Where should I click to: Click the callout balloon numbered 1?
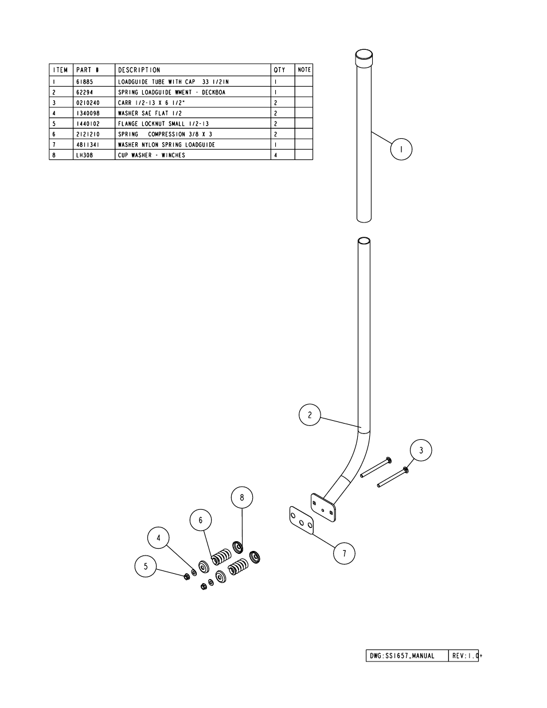(x=401, y=149)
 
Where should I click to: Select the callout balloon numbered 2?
(x=310, y=415)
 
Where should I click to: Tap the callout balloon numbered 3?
(x=421, y=450)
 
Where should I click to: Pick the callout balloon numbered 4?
(x=158, y=538)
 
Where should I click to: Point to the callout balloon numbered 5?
(x=146, y=566)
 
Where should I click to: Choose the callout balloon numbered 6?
(x=201, y=520)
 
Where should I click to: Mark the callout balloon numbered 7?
(x=344, y=553)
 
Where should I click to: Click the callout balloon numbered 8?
(x=242, y=497)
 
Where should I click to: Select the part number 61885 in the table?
(x=84, y=82)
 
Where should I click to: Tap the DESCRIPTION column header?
(x=139, y=70)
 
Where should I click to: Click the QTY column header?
(x=279, y=70)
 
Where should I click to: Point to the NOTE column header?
(x=304, y=70)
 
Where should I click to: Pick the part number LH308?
(x=84, y=155)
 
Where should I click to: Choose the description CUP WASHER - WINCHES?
(x=151, y=155)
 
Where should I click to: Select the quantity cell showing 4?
(x=276, y=155)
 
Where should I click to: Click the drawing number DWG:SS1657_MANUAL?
(x=400, y=656)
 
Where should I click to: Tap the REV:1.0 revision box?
(x=464, y=656)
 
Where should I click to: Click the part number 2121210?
(x=88, y=134)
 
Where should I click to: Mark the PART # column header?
(x=87, y=70)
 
